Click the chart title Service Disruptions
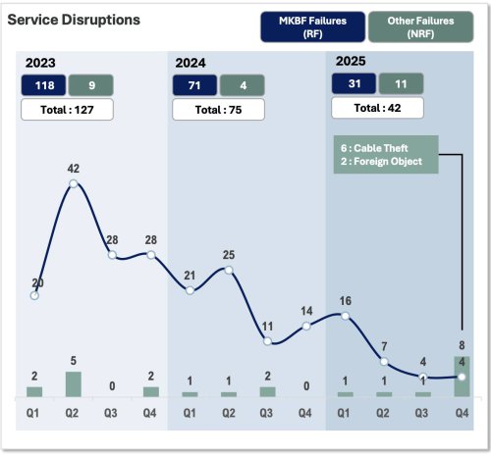[74, 20]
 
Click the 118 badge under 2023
[44, 85]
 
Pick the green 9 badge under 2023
[90, 85]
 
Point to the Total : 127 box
[68, 109]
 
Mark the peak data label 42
[74, 169]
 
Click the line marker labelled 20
[35, 294]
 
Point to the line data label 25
[228, 255]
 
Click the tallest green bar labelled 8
[462, 376]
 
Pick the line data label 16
[344, 300]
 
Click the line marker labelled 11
[267, 340]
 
